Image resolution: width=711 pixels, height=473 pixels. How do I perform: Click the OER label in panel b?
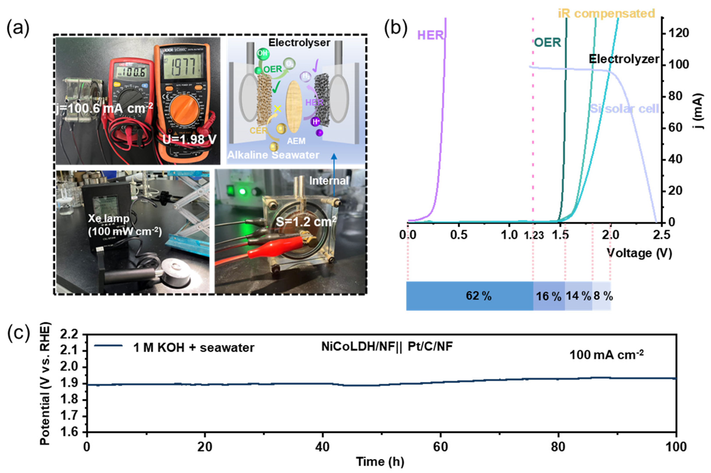[547, 42]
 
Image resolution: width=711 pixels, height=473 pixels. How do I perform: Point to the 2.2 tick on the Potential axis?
[69, 335]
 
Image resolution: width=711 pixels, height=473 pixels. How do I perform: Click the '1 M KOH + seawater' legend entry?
[193, 347]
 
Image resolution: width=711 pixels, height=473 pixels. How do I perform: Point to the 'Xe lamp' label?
[109, 218]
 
